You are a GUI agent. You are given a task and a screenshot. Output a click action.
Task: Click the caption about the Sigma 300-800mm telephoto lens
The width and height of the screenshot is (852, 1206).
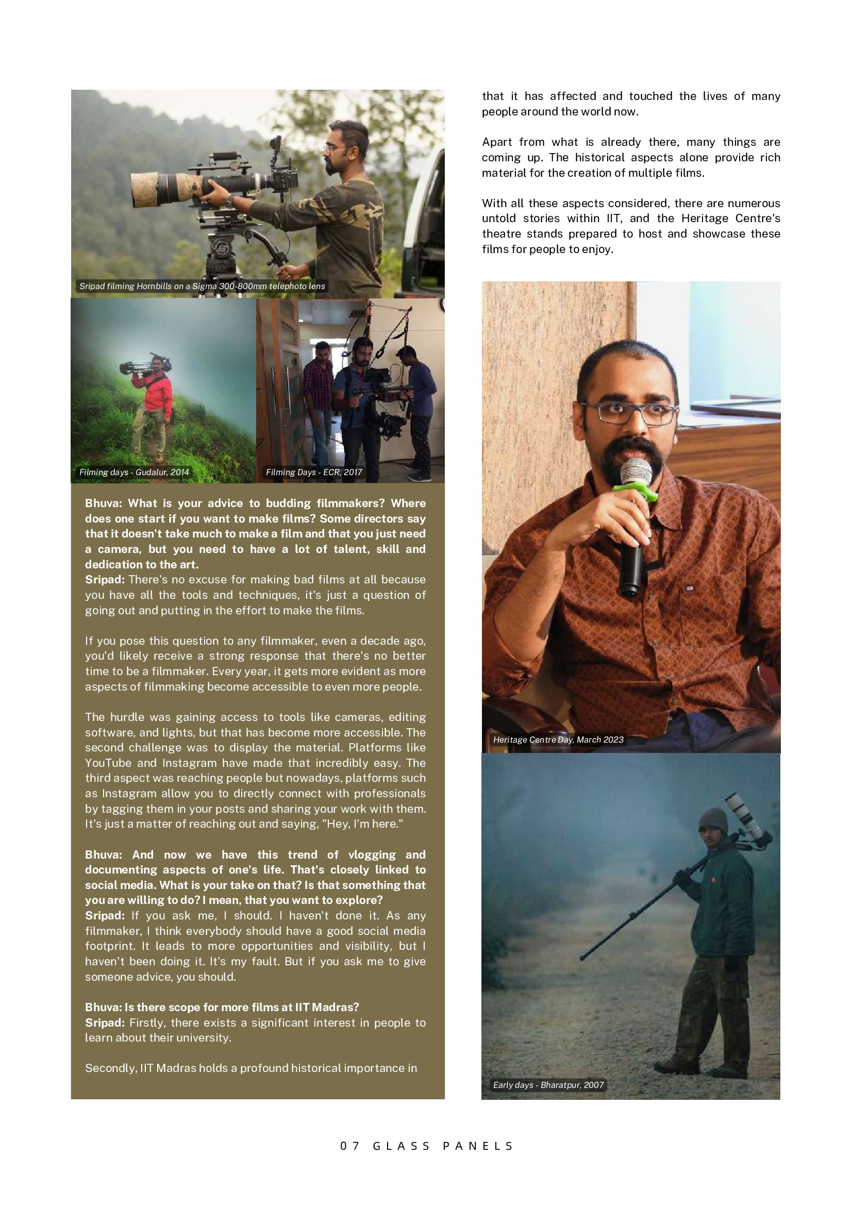[202, 286]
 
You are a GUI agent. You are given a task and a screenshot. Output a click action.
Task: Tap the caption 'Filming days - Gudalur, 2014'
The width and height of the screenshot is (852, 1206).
[134, 472]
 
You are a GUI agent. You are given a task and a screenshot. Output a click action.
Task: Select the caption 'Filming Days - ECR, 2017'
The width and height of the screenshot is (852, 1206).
[313, 472]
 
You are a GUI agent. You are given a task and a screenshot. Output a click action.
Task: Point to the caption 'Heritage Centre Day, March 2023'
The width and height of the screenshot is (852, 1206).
[558, 740]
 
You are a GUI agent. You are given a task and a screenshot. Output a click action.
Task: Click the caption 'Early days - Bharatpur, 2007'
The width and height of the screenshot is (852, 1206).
[548, 1085]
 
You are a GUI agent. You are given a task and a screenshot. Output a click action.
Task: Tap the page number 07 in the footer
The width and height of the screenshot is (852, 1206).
[350, 1146]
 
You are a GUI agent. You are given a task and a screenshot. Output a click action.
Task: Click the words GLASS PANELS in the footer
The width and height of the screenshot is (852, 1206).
[443, 1146]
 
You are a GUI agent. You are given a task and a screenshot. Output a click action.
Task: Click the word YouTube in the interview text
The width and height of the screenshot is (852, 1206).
[108, 763]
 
